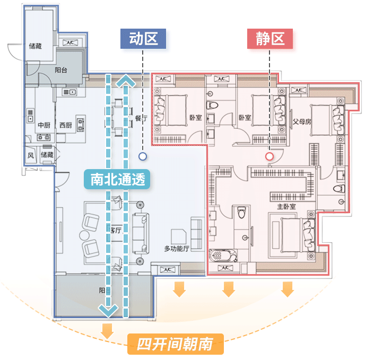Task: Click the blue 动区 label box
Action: [143, 39]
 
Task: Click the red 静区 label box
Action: [270, 39]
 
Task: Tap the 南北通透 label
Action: [117, 180]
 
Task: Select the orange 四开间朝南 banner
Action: [175, 345]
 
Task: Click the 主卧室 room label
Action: [286, 206]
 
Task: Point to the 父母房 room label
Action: [302, 121]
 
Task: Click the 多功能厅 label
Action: [177, 248]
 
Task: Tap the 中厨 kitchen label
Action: [44, 125]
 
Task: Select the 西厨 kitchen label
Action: [65, 125]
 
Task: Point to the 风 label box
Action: [30, 155]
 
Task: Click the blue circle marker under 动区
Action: [142, 156]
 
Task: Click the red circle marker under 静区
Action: [269, 156]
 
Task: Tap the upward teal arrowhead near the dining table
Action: [126, 81]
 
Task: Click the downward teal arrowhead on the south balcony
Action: [108, 310]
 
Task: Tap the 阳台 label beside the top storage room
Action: [61, 70]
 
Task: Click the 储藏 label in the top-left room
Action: [36, 46]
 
